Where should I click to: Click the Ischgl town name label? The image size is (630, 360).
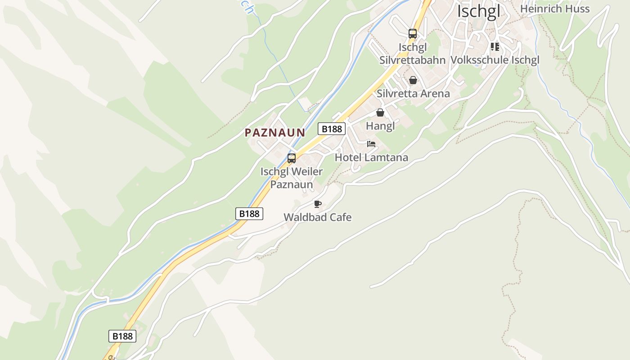pyautogui.click(x=478, y=11)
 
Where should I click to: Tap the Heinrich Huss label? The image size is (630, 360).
pyautogui.click(x=554, y=9)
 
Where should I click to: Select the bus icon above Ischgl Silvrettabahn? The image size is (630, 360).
pyautogui.click(x=412, y=33)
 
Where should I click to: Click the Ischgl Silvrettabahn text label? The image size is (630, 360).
pyautogui.click(x=412, y=54)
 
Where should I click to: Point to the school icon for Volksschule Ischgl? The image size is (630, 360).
pyautogui.click(x=495, y=47)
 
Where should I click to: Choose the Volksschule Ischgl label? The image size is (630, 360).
pyautogui.click(x=495, y=60)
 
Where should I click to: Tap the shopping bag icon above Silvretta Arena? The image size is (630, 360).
pyautogui.click(x=413, y=80)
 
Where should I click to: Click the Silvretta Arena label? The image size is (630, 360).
pyautogui.click(x=413, y=94)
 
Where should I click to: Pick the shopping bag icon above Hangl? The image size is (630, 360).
pyautogui.click(x=380, y=112)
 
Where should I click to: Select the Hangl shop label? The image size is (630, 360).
pyautogui.click(x=380, y=126)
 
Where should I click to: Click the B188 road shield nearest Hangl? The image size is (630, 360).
pyautogui.click(x=332, y=129)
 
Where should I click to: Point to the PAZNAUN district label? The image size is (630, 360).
pyautogui.click(x=274, y=133)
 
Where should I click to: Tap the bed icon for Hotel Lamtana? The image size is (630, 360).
pyautogui.click(x=371, y=144)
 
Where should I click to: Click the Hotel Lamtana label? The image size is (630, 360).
pyautogui.click(x=371, y=157)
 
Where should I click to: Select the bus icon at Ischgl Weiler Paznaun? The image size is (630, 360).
pyautogui.click(x=292, y=158)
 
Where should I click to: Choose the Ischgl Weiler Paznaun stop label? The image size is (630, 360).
pyautogui.click(x=292, y=178)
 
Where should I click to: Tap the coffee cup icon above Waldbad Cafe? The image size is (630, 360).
pyautogui.click(x=318, y=204)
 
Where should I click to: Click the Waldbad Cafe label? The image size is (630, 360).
pyautogui.click(x=317, y=217)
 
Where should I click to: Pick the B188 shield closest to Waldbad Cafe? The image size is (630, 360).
pyautogui.click(x=249, y=214)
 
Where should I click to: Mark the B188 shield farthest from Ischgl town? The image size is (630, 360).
pyautogui.click(x=122, y=336)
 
